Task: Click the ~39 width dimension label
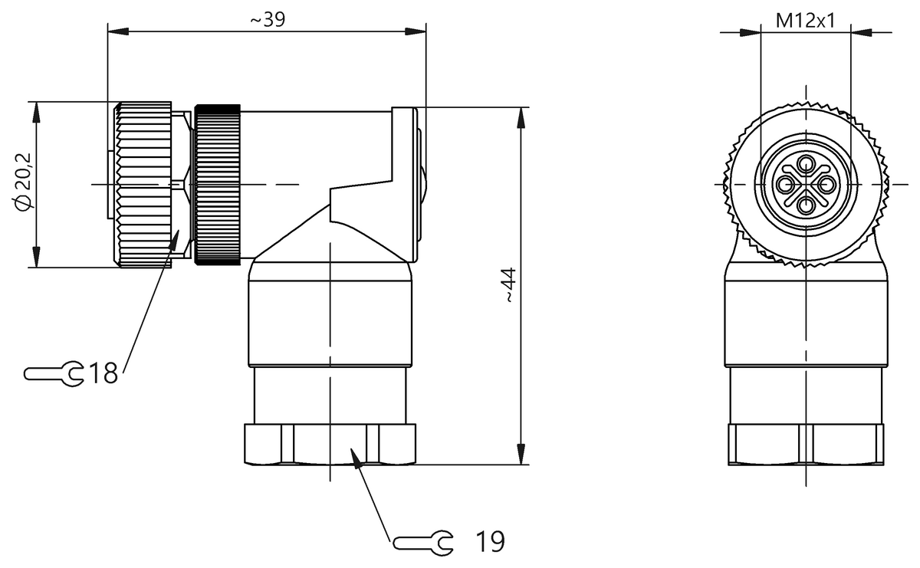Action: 267,20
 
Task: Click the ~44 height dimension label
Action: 509,286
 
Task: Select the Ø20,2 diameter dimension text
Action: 23,182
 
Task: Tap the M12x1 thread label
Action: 805,21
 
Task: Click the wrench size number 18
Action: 103,374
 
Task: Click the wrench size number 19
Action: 488,542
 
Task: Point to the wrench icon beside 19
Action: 422,543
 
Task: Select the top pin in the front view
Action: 806,163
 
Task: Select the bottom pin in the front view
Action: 806,205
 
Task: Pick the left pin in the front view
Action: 786,184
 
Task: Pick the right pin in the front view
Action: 826,184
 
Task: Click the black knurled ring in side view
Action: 219,185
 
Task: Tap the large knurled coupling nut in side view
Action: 144,185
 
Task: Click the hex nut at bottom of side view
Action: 330,445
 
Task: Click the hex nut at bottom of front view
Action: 806,445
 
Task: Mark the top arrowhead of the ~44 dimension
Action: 521,116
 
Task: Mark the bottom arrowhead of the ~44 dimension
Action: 521,455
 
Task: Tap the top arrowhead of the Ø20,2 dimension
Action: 35,110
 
